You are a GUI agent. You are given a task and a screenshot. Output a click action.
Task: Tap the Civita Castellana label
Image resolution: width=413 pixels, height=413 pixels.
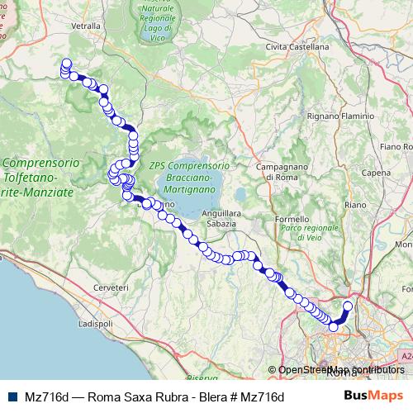pos(297,47)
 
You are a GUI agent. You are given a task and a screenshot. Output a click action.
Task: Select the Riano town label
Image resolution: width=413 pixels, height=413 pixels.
pos(355,203)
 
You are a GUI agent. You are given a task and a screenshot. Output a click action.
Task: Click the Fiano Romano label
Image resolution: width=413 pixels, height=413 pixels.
pos(396,146)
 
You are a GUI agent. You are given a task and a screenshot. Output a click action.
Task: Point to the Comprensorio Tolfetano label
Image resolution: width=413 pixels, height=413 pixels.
pos(40,177)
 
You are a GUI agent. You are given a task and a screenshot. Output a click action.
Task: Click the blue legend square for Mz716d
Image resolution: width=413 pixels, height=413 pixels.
pos(11,396)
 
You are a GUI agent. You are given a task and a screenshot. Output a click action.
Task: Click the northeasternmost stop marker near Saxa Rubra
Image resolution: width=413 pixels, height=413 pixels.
pos(347,306)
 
